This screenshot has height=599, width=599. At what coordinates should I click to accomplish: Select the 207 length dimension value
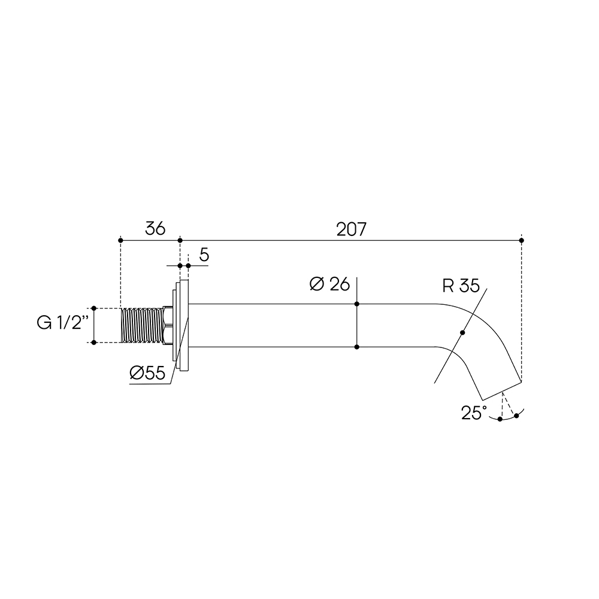[x=351, y=229]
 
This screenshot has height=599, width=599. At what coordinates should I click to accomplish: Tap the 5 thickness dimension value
[x=204, y=255]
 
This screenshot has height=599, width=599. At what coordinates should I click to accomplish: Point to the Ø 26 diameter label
[x=329, y=284]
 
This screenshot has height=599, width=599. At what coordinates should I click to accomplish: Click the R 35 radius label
[x=461, y=286]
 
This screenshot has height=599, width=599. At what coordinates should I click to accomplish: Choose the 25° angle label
[x=474, y=413]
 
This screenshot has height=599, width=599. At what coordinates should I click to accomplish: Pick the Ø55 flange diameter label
[x=147, y=373]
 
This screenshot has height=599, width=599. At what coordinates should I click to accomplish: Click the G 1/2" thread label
[x=63, y=323]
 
